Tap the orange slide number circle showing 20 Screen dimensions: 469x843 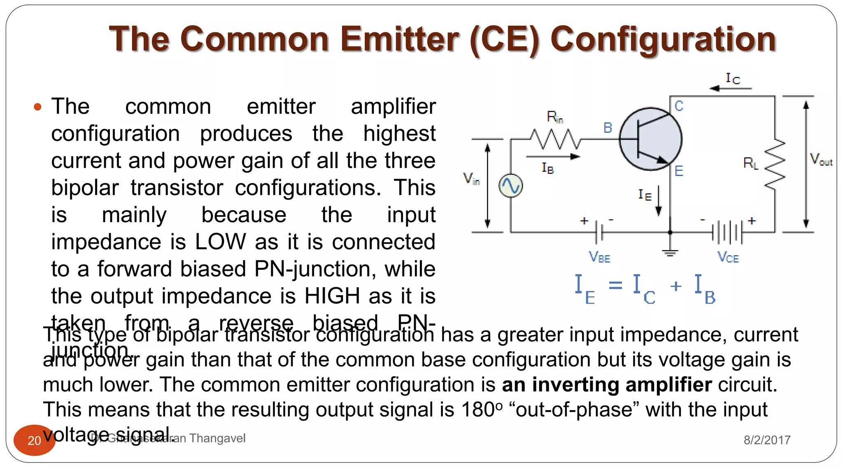coord(34,440)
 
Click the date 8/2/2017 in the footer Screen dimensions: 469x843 coord(767,440)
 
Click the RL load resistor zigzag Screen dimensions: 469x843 coord(775,164)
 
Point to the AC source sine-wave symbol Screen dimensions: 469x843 coord(510,186)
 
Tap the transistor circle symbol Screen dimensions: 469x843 coord(650,139)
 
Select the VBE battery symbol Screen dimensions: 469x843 coord(599,233)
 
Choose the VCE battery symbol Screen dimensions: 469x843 coord(727,233)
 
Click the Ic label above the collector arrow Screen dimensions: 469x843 coord(732,78)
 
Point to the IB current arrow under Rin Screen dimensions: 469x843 coord(553,157)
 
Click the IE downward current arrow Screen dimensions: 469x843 coord(659,201)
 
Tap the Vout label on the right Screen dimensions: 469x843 coord(821,159)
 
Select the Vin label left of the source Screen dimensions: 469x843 coord(471,179)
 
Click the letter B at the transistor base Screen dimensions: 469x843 coord(608,128)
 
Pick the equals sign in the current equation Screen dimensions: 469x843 coord(615,285)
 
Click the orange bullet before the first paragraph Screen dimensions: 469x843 coord(38,108)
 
